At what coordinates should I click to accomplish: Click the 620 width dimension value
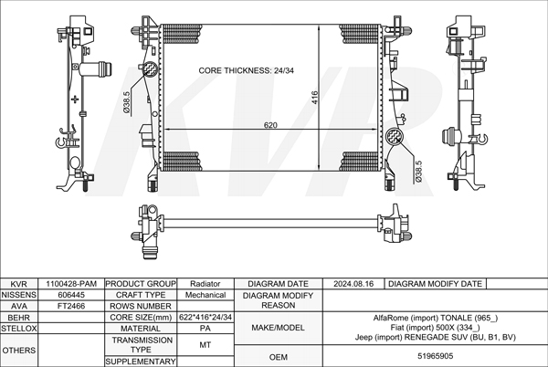[x=270, y=125]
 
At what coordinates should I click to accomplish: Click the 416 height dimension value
[x=314, y=98]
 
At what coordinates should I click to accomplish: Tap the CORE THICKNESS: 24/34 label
[x=246, y=70]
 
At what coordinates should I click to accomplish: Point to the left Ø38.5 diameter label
[x=126, y=102]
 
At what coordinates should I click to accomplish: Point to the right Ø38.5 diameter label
[x=418, y=171]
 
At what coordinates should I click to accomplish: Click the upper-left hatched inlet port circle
[x=151, y=68]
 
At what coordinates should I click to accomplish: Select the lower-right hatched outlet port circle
[x=394, y=135]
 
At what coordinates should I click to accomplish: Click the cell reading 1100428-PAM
[x=71, y=284]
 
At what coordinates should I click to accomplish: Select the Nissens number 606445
[x=71, y=295]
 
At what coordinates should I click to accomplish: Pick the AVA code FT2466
[x=71, y=306]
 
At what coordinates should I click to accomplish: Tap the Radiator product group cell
[x=205, y=284]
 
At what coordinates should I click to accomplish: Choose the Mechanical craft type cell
[x=205, y=295]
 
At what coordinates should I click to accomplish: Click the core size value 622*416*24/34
[x=205, y=317]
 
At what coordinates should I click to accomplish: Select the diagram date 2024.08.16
[x=353, y=284]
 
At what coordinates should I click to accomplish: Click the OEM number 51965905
[x=435, y=356]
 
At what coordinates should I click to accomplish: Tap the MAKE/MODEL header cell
[x=279, y=328]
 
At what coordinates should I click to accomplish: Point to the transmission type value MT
[x=205, y=345]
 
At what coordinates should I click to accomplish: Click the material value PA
[x=205, y=329]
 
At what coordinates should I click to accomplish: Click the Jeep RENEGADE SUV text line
[x=435, y=337]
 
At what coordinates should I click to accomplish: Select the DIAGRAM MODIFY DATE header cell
[x=435, y=284]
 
